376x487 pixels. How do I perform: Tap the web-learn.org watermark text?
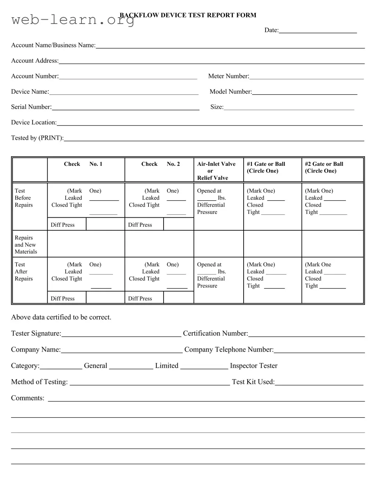(x=73, y=19)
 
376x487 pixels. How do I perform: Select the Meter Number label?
(x=229, y=76)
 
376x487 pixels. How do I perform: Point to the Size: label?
(x=217, y=107)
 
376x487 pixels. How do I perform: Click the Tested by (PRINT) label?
(x=37, y=138)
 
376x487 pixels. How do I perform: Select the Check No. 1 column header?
(x=83, y=164)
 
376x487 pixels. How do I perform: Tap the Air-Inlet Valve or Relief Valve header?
(x=216, y=171)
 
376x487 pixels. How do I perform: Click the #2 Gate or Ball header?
(x=324, y=167)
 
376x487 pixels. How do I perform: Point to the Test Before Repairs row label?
(x=23, y=198)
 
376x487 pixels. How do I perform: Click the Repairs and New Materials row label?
(x=26, y=244)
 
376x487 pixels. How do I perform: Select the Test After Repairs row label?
(x=23, y=272)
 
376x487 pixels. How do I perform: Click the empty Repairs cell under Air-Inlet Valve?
(x=219, y=244)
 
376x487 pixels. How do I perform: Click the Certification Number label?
(x=215, y=333)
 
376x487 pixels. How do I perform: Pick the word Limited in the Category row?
(x=167, y=366)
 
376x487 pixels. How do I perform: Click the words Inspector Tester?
(x=253, y=366)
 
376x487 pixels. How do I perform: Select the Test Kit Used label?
(x=253, y=382)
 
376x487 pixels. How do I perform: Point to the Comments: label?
(x=28, y=398)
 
